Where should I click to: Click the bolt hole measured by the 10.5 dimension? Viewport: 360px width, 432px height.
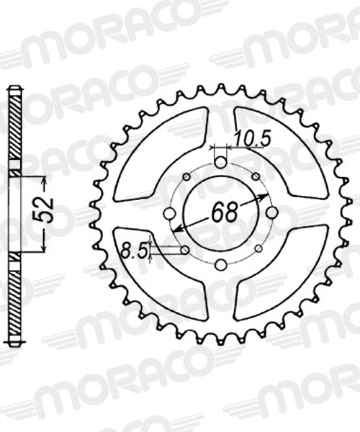(220, 163)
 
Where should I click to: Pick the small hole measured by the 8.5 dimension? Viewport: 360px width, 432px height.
(186, 250)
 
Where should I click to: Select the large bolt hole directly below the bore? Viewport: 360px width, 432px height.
(220, 263)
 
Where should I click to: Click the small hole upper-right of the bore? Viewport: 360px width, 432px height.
(256, 177)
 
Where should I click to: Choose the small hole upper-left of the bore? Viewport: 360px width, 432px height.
(186, 177)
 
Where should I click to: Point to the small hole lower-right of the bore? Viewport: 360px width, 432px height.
(256, 249)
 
